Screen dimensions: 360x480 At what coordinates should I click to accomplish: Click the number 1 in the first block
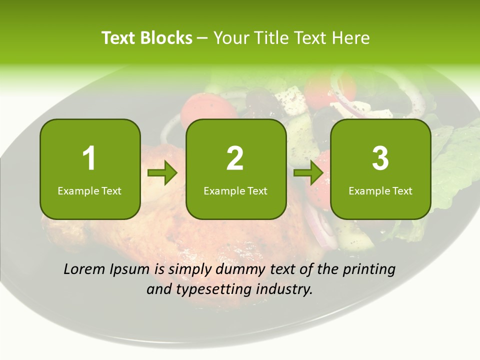(89, 158)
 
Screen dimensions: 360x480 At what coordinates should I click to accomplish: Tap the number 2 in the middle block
(235, 158)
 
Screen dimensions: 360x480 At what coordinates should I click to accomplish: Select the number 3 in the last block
(380, 158)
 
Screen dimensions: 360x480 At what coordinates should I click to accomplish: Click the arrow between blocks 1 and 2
(163, 173)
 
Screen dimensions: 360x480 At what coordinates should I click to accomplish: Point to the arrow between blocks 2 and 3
(309, 173)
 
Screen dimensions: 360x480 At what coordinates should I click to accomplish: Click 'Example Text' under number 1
(89, 190)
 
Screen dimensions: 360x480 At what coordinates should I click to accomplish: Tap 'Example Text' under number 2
(235, 190)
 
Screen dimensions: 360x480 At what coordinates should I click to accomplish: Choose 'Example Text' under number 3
(380, 190)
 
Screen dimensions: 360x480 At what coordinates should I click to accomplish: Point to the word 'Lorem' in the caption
(84, 269)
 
